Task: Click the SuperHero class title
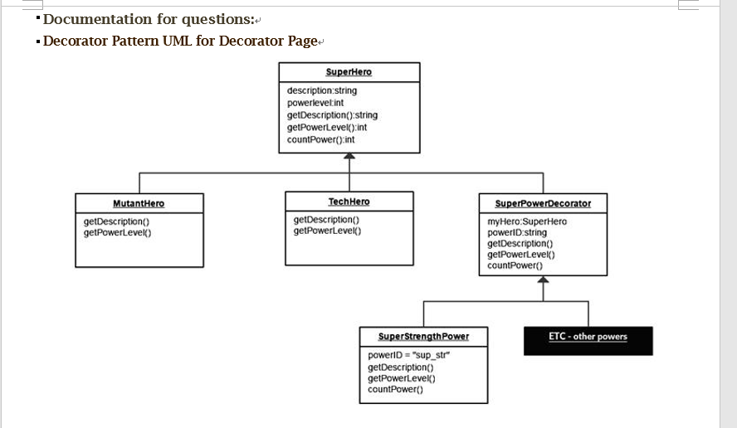pos(349,72)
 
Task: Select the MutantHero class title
pos(139,203)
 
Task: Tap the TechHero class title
pos(349,202)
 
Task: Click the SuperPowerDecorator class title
pos(543,203)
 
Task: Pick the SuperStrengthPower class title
pos(423,336)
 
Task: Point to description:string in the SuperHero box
pos(322,90)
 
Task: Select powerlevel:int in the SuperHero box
pos(315,103)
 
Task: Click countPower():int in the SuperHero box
pos(320,139)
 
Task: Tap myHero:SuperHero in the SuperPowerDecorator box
pos(527,221)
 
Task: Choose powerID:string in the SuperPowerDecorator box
pos(517,232)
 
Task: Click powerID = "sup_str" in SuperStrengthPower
pos(408,355)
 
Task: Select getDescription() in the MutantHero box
pos(117,221)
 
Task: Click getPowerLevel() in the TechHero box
pos(328,231)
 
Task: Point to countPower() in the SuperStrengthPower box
pos(395,389)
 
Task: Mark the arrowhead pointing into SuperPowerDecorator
pos(543,282)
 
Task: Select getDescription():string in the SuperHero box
pos(332,115)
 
